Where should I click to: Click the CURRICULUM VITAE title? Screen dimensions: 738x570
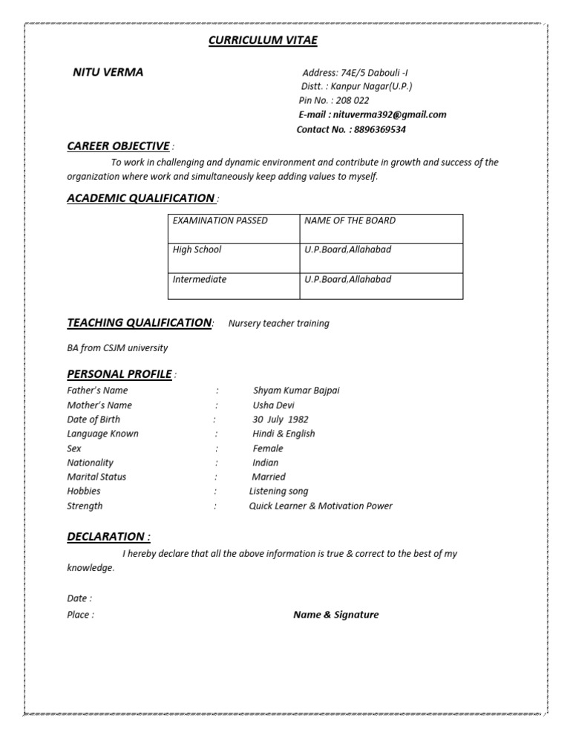point(263,40)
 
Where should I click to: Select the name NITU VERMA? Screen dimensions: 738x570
point(108,72)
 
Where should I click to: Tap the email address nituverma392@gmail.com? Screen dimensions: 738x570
point(390,114)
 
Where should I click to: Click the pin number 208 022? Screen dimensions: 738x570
point(350,100)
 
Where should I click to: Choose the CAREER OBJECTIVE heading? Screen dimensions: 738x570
point(118,146)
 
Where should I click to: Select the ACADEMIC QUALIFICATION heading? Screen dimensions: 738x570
point(140,197)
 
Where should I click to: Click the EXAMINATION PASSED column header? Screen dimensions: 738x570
point(220,221)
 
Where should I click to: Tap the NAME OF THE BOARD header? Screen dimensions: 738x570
point(350,221)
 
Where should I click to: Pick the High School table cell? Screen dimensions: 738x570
point(197,249)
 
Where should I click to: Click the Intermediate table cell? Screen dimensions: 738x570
point(200,280)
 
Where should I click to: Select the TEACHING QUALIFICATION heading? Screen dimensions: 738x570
point(139,322)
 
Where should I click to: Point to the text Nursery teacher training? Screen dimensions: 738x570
point(278,324)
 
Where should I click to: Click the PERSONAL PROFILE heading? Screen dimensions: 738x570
point(119,373)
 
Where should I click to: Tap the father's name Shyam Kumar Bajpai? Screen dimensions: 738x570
point(296,391)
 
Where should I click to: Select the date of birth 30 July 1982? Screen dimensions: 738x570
point(281,419)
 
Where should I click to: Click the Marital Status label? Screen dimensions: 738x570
point(96,477)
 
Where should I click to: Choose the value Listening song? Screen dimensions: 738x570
point(278,492)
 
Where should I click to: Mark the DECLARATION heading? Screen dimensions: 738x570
point(108,536)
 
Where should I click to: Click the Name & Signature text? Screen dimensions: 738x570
point(335,615)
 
